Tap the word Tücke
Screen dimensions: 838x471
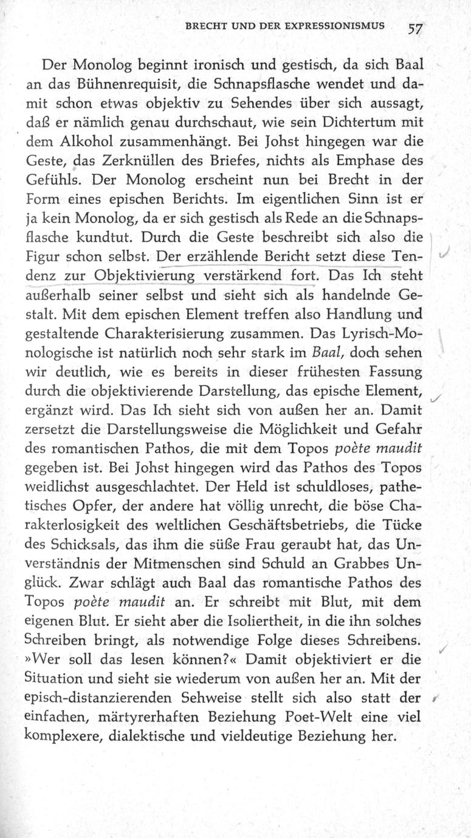pyautogui.click(x=405, y=526)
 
